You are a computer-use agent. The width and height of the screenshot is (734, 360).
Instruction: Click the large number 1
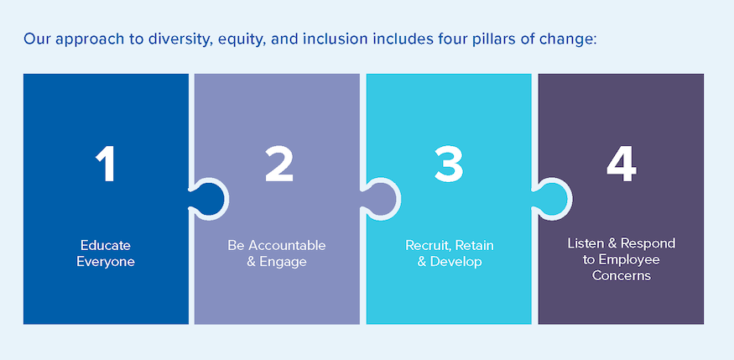pyautogui.click(x=106, y=164)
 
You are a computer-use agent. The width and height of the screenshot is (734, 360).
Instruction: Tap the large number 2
pyautogui.click(x=279, y=164)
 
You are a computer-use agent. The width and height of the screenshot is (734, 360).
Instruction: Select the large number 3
pyautogui.click(x=449, y=164)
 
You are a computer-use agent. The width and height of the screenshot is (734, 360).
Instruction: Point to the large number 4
pyautogui.click(x=621, y=164)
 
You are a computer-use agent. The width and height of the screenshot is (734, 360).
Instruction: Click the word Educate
pyautogui.click(x=106, y=245)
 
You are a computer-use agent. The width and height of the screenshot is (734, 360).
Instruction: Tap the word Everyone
pyautogui.click(x=106, y=262)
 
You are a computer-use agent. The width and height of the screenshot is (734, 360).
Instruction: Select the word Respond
pyautogui.click(x=648, y=243)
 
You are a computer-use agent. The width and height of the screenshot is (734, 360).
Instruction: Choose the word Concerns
pyautogui.click(x=621, y=275)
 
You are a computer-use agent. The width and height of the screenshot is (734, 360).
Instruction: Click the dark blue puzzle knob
pyautogui.click(x=210, y=198)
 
